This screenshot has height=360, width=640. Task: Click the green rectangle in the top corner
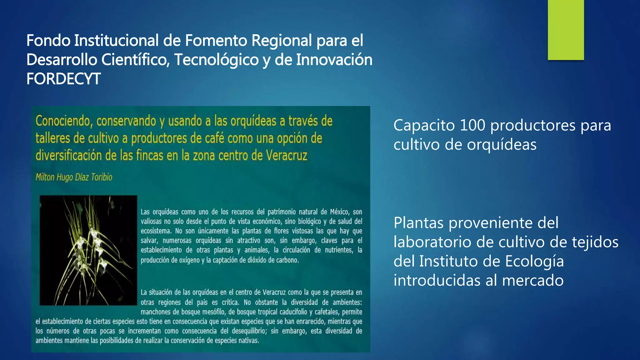(566, 30)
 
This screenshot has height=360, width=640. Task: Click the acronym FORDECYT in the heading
(63, 79)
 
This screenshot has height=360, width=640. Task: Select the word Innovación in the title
(334, 60)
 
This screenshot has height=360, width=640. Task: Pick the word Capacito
(424, 125)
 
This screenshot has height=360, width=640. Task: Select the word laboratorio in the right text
(432, 242)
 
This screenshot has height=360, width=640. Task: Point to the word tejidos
(595, 242)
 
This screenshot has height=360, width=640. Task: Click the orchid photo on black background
(88, 250)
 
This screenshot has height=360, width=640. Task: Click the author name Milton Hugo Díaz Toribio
(74, 177)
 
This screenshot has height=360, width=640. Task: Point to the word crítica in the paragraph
(230, 302)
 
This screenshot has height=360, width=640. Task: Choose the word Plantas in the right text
(418, 223)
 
